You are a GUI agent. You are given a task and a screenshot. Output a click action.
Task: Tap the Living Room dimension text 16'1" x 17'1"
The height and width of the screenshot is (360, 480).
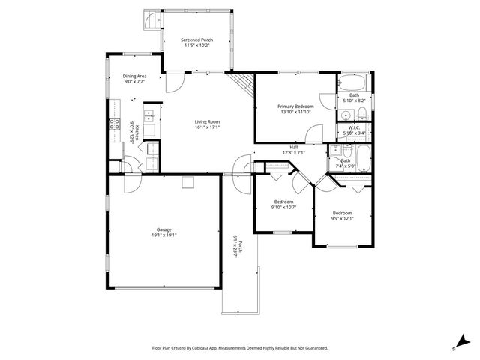(207, 127)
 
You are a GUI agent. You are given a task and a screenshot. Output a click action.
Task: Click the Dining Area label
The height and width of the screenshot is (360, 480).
(134, 76)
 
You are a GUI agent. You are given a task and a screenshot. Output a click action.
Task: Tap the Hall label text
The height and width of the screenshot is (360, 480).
(294, 147)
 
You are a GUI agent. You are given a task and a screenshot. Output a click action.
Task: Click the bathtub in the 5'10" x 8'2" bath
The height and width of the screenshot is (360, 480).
(351, 82)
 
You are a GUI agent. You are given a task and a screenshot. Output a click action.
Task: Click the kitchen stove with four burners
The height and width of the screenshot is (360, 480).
(115, 124)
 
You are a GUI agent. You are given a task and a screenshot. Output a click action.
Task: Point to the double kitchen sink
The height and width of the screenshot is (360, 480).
(149, 115)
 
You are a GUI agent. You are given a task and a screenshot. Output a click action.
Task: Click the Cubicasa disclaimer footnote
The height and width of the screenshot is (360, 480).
(239, 347)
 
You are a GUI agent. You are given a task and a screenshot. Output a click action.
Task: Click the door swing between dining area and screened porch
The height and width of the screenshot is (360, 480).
(172, 81)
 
